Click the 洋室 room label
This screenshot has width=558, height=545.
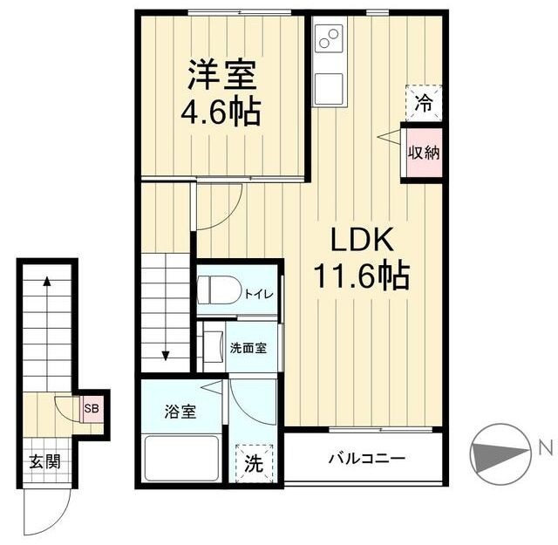pos(222,75)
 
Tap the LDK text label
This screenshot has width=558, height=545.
pos(362,240)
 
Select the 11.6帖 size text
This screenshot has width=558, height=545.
pos(362,276)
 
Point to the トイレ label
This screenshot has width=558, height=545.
pos(259,294)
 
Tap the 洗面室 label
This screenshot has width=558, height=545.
pos(248,348)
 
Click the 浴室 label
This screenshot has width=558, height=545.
pos(180,412)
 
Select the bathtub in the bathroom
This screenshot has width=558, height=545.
pos(181,458)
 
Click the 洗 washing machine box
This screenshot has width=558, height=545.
pos(254,463)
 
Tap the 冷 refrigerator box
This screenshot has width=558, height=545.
pos(424,103)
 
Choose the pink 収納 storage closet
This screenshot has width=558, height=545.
pos(424,153)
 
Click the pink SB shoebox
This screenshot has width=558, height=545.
pos(92,408)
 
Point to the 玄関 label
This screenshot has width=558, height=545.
pos(44,461)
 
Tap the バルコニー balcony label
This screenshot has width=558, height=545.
pos(366,458)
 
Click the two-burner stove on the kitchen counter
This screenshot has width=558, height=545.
pos(329,38)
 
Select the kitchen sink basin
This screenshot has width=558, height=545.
pos(330,87)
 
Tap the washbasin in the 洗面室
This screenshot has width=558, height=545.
pos(213,347)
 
